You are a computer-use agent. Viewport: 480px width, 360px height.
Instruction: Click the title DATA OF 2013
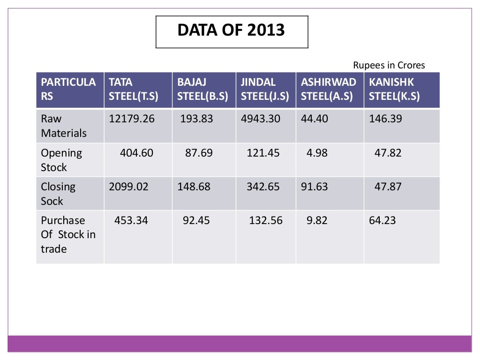coord(232,30)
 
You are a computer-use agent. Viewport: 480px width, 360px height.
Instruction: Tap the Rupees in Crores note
coord(389,65)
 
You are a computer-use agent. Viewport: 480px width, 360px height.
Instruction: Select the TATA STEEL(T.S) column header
coord(134,90)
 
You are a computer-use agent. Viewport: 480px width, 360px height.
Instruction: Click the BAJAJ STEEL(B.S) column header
coord(202,90)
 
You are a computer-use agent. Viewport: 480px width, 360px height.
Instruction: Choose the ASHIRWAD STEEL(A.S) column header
coord(329,90)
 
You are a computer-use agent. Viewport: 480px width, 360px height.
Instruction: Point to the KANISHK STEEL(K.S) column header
coord(394,90)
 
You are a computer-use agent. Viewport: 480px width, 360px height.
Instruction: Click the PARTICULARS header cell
coord(68,90)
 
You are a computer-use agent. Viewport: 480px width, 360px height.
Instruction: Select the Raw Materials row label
coord(64,126)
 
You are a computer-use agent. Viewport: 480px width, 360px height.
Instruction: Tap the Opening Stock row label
coord(61,160)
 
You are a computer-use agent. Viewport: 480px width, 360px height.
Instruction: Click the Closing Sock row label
coord(58,194)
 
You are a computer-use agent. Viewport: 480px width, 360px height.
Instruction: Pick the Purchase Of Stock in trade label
coord(68,234)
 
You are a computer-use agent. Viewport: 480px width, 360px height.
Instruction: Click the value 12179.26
coord(132,119)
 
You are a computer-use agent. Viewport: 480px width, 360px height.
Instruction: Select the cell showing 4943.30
coord(261,119)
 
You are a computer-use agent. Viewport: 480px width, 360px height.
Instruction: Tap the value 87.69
coord(199,153)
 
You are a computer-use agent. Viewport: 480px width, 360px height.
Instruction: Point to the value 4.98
coord(317,153)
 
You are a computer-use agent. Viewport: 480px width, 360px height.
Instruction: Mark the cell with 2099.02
coord(128,187)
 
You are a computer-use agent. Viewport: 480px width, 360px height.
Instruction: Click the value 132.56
coord(266,220)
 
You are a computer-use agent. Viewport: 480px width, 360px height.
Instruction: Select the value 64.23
coord(382,220)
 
